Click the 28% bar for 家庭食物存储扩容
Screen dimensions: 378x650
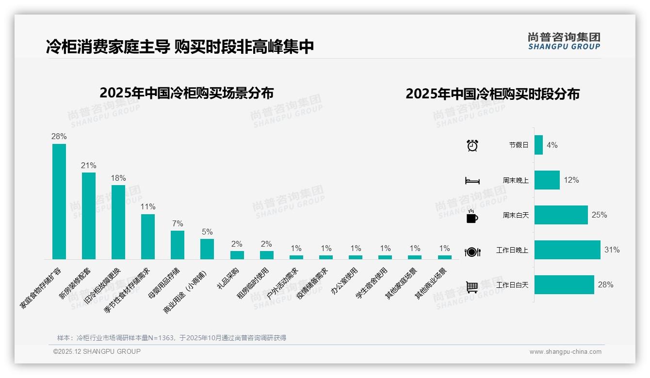point(59,201)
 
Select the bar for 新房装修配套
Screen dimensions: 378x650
point(89,216)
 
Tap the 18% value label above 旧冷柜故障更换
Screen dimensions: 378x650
point(118,178)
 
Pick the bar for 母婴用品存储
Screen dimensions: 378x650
point(178,245)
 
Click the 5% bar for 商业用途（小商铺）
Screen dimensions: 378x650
point(207,249)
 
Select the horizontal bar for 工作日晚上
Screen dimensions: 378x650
point(567,250)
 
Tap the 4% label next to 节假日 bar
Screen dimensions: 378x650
point(552,145)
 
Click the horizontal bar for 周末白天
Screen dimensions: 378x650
point(561,215)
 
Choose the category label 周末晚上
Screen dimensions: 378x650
point(516,180)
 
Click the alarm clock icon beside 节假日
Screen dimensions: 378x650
point(472,145)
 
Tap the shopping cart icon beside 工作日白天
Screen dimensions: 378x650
point(472,287)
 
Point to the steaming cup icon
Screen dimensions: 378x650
point(472,216)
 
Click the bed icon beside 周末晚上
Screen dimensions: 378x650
point(472,181)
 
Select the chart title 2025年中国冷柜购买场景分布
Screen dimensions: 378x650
point(187,93)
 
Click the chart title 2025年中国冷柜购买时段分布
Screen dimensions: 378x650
point(492,94)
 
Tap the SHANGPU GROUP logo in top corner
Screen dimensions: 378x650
point(564,41)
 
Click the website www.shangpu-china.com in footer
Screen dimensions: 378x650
point(565,352)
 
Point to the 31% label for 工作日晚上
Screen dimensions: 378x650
point(612,250)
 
